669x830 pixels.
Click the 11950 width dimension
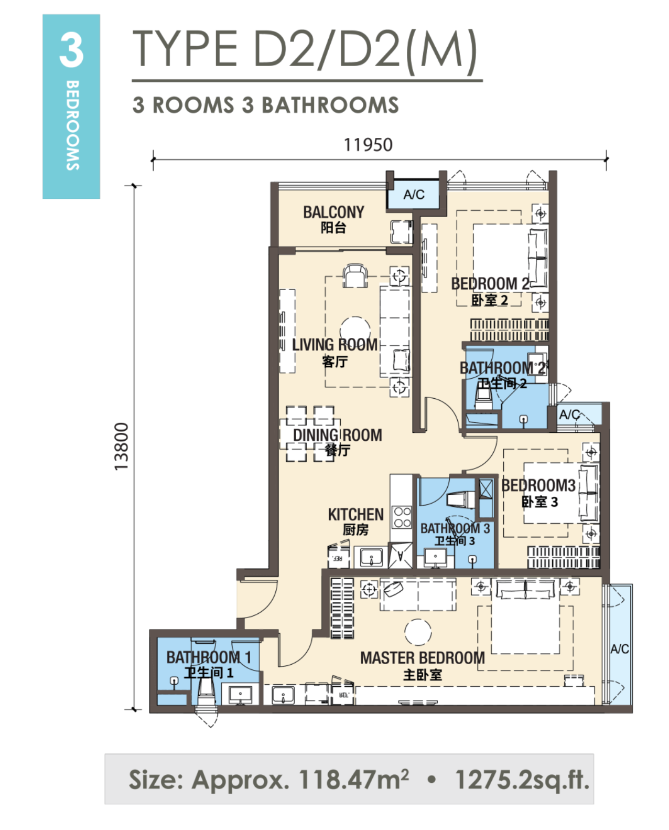(368, 145)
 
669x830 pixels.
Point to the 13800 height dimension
(122, 446)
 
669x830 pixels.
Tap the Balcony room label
(333, 219)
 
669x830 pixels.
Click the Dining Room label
(338, 442)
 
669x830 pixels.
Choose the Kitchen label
(355, 522)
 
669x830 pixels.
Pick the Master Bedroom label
(423, 666)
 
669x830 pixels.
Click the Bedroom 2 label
(490, 292)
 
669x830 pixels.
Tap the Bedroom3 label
(538, 493)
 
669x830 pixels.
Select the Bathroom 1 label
(209, 665)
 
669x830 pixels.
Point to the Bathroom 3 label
(455, 534)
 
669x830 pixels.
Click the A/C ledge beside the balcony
(414, 195)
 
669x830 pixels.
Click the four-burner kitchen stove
(402, 517)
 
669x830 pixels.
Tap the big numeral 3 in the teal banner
(71, 50)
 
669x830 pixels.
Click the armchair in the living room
(355, 275)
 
